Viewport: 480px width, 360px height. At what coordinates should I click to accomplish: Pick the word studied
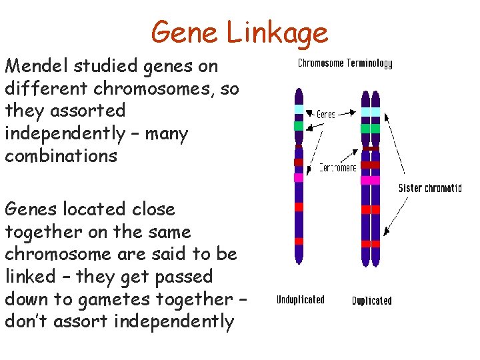pos(97,66)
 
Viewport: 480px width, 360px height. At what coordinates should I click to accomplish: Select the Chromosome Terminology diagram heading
pos(345,64)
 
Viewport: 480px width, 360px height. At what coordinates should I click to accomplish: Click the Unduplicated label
pos(300,300)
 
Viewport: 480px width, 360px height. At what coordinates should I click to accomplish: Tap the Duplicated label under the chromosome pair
pos(372,301)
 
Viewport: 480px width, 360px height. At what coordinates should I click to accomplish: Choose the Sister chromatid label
pos(430,188)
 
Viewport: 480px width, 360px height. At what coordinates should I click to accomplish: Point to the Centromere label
pos(337,167)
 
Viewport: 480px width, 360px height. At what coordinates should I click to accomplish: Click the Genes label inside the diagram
pos(326,115)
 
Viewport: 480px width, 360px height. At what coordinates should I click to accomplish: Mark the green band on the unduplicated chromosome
pos(299,125)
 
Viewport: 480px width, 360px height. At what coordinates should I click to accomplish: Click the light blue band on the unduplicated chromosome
pos(299,109)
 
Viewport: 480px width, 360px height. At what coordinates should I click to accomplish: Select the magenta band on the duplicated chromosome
pos(371,180)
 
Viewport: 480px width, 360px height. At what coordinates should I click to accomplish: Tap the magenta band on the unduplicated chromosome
pos(299,177)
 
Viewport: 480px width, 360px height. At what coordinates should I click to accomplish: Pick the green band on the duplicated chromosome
pos(371,128)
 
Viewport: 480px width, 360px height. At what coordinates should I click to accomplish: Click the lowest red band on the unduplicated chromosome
pos(299,241)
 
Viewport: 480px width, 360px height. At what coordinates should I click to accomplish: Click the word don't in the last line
pos(24,322)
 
